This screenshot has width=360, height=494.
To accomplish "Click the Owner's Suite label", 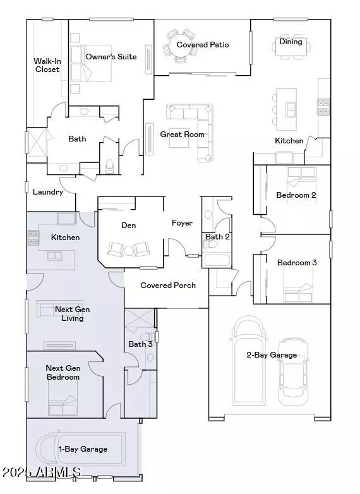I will point(111,57).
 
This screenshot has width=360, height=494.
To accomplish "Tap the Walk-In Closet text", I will point(47,65).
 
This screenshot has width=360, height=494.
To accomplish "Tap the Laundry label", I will point(48,192).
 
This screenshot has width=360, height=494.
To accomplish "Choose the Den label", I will point(128,226).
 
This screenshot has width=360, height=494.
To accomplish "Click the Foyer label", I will point(182,223).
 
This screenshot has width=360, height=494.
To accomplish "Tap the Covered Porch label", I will point(168,286).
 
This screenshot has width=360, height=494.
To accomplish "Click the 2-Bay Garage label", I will point(271,355).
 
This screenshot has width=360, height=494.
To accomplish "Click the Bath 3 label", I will point(140,344).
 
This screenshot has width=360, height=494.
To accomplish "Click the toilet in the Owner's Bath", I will point(110,166).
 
